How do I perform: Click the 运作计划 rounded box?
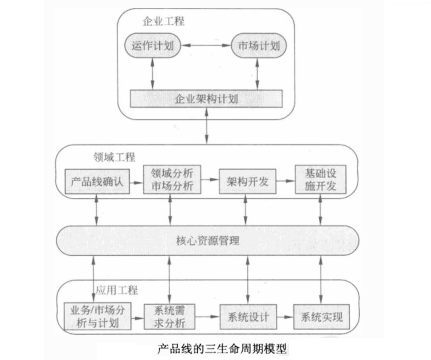point(153,46)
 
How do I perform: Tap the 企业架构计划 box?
point(207,101)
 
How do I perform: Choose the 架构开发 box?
point(245,183)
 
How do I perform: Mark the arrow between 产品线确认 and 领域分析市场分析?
point(134,183)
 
